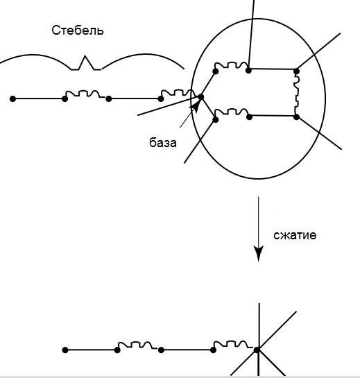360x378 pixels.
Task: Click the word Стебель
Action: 78,31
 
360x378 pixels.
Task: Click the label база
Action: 163,142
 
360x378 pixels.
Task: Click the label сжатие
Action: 295,235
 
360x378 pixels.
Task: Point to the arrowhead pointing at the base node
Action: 196,106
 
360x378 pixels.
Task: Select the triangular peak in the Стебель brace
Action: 86,62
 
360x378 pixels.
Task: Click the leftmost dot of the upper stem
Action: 12,98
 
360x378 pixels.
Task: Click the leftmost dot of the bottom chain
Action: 65,350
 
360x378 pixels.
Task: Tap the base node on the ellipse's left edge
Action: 200,96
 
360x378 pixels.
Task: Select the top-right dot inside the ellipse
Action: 296,71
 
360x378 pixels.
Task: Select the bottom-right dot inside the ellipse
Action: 296,117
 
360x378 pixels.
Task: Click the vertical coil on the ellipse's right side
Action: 296,94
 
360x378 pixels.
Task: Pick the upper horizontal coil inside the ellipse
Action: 232,66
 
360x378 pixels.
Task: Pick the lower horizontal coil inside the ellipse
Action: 232,112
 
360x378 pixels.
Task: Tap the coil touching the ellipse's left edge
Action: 178,94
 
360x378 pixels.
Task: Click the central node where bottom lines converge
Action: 257,350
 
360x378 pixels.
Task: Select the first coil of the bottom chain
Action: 137,345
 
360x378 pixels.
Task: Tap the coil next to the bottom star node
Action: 233,345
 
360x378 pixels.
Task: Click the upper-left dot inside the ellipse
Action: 216,71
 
